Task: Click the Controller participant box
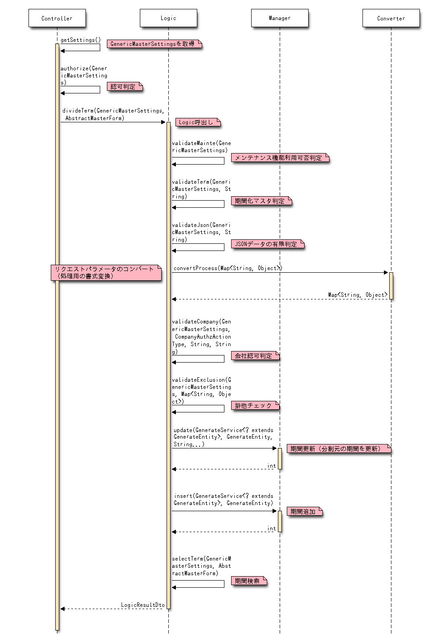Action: (x=57, y=18)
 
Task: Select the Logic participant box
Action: (x=168, y=18)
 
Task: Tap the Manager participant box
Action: (x=280, y=18)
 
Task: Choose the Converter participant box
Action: (x=391, y=18)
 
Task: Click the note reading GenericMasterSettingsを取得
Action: (x=154, y=44)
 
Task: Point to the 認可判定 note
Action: (x=124, y=87)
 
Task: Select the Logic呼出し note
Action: (x=198, y=122)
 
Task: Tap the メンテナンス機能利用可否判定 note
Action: (x=280, y=157)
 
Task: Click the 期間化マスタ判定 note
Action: (x=261, y=201)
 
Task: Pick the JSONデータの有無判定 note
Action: (x=267, y=244)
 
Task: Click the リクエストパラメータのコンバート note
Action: (x=106, y=272)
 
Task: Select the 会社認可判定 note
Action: (x=255, y=355)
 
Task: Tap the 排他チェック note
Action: (x=255, y=405)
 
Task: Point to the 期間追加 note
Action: (x=304, y=512)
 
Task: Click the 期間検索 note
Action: (x=248, y=581)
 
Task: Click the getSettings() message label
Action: (x=81, y=40)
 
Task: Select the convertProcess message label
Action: (x=228, y=268)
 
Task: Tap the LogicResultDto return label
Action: (x=143, y=605)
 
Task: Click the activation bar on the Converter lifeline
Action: (x=391, y=286)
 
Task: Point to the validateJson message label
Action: (x=201, y=232)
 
